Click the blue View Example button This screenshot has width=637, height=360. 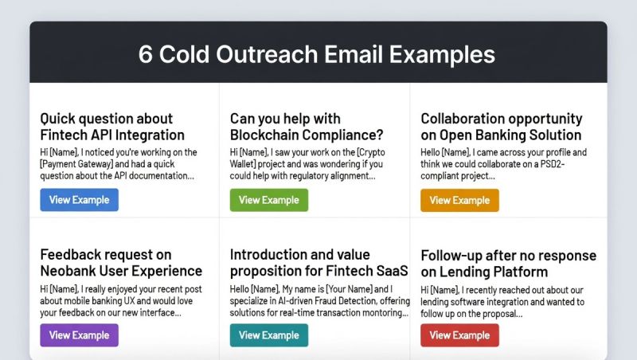79,200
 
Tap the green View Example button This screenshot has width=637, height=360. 269,200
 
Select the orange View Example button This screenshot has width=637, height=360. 460,201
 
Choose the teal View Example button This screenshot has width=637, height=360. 269,335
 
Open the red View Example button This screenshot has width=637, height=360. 460,335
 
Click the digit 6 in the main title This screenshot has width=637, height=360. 146,54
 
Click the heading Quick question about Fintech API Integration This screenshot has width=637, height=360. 112,127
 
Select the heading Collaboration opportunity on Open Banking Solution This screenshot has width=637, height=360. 502,127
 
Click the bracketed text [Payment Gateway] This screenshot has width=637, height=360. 76,164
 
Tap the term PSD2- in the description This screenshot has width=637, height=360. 553,164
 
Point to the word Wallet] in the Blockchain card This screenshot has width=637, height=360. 243,164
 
